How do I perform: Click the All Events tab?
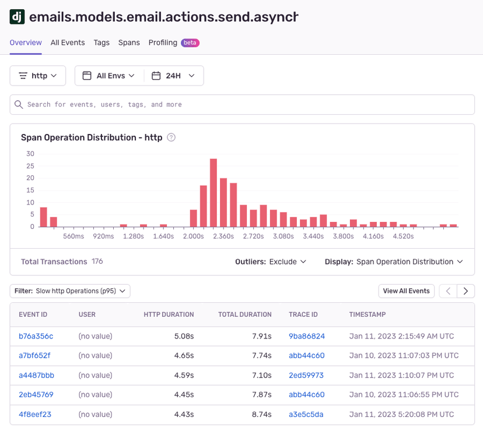68,43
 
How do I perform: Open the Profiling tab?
163,43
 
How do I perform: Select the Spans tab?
129,43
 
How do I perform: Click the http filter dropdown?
38,76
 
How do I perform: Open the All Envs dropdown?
110,76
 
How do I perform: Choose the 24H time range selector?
174,76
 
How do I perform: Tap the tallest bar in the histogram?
213,192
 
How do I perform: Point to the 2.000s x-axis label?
193,236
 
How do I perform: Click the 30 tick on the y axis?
30,154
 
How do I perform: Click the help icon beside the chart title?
171,138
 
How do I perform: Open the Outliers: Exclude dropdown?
271,262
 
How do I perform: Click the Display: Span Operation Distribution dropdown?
394,262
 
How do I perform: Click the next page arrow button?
466,291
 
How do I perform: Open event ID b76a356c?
36,336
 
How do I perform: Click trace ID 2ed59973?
306,376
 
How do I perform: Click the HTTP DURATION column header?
169,315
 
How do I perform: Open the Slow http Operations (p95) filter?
70,291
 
